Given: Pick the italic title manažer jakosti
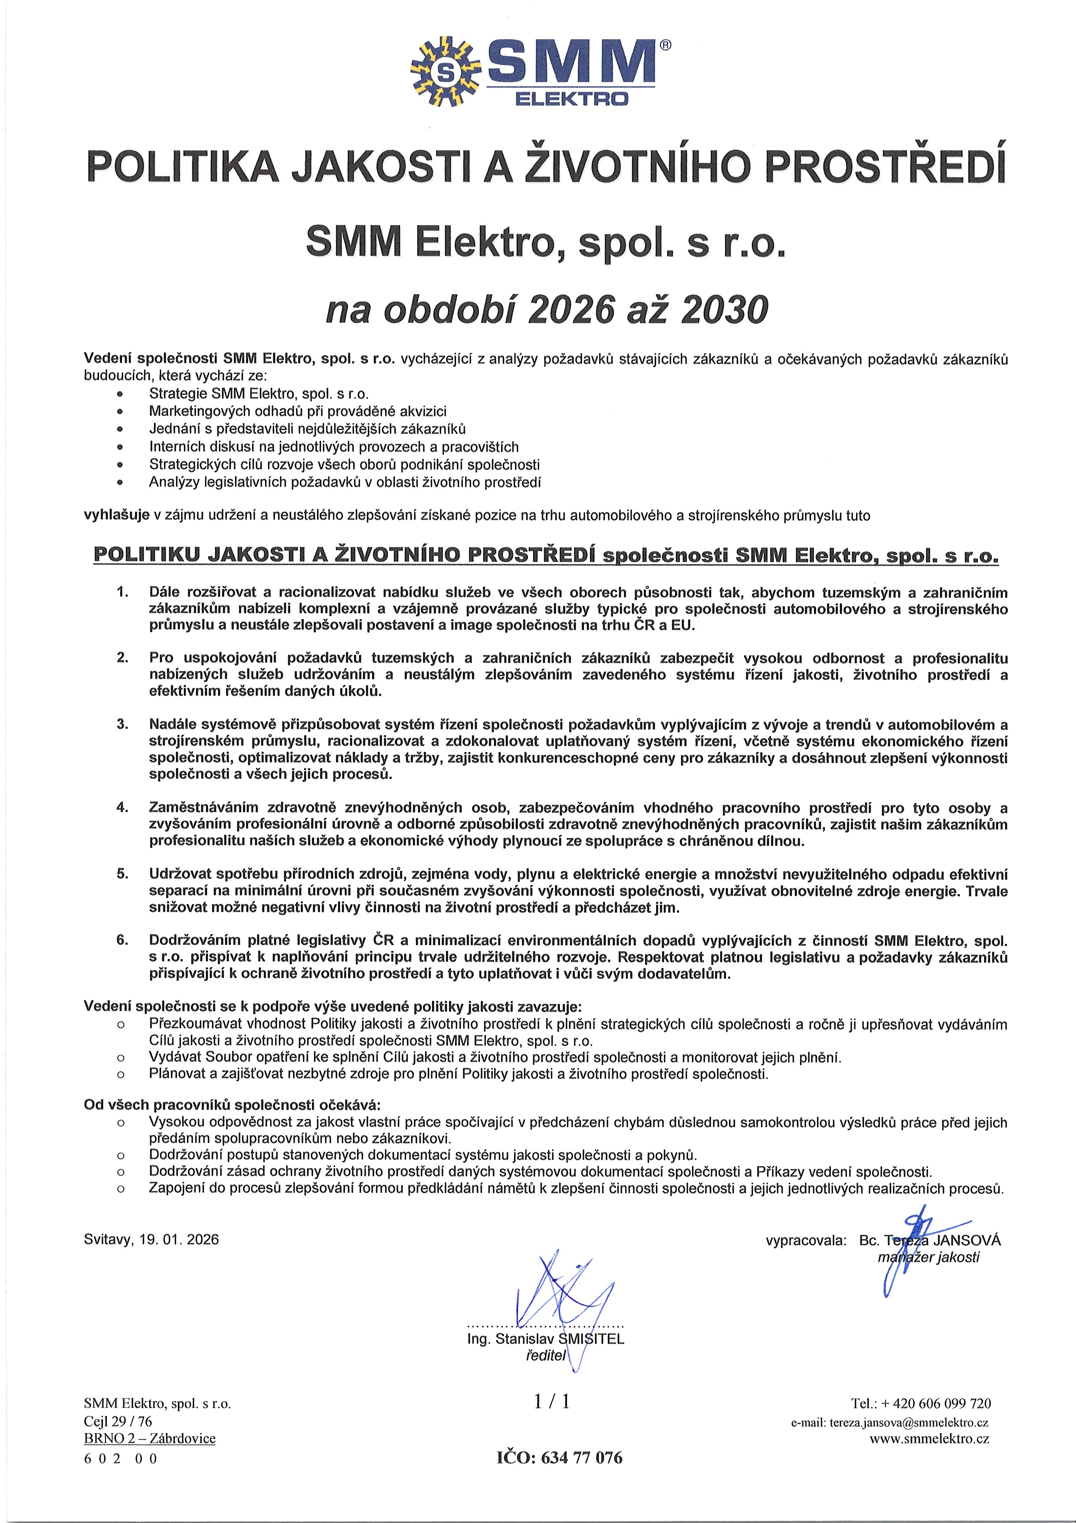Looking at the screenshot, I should pyautogui.click(x=928, y=1257).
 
